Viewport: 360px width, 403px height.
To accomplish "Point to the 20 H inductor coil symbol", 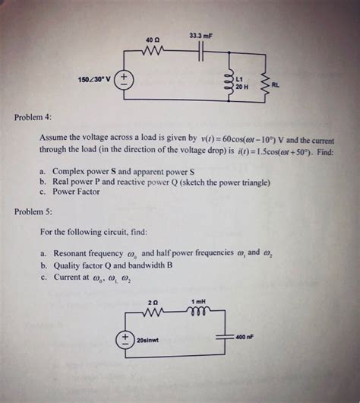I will (x=225, y=81).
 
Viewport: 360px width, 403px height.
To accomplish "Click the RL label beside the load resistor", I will (x=276, y=85).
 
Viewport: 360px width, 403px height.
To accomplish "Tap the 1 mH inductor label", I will (x=199, y=302).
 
